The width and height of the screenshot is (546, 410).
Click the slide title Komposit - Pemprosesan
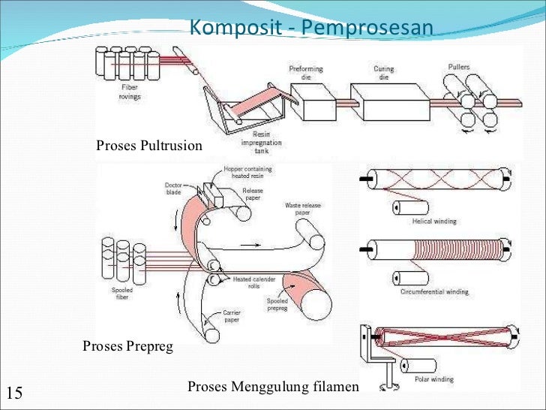click(310, 28)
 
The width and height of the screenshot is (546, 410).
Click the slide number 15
click(14, 392)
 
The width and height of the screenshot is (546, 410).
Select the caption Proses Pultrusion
click(149, 145)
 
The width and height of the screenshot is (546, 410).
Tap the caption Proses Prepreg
click(127, 346)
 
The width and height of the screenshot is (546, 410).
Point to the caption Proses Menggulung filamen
click(273, 387)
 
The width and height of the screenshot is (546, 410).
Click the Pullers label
click(459, 67)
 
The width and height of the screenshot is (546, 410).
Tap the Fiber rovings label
click(129, 91)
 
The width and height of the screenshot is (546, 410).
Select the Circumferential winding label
click(435, 291)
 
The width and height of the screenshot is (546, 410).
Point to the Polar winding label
click(434, 379)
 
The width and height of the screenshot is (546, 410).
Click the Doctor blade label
click(173, 188)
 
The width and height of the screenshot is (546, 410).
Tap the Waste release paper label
click(303, 209)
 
